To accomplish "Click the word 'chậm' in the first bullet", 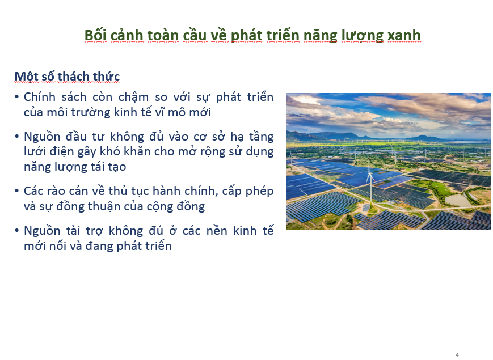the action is [133, 97].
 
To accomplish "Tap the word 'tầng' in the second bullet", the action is [261, 137].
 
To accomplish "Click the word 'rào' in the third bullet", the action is [56, 191].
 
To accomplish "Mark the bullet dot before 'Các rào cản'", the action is [16, 190].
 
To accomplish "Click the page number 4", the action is [457, 355].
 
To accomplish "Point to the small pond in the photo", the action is [458, 200].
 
